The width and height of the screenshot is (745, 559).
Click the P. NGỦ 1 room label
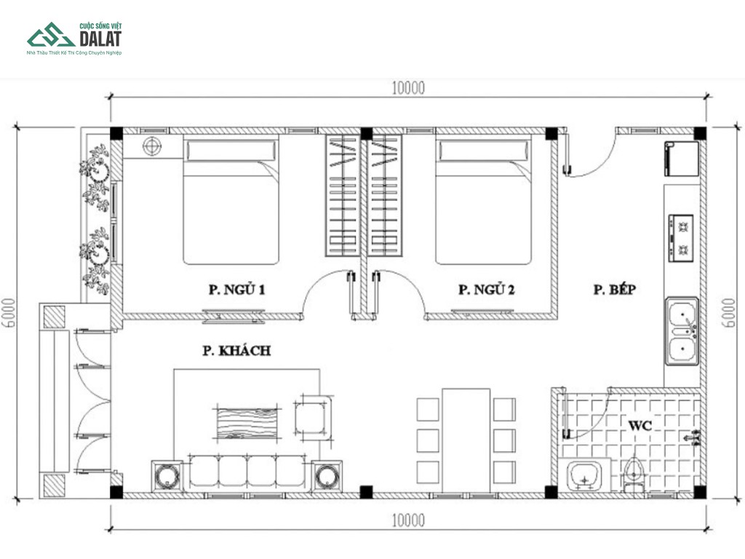[236, 289]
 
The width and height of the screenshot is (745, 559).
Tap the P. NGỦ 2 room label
[486, 289]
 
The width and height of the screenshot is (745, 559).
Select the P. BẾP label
[614, 289]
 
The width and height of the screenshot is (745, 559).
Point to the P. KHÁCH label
[236, 351]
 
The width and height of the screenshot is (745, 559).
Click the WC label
[640, 425]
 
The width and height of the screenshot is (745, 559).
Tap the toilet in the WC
[634, 475]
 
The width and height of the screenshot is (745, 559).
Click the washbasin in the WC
[585, 475]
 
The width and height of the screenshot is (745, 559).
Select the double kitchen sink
[682, 331]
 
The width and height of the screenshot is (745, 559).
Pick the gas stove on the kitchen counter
[681, 238]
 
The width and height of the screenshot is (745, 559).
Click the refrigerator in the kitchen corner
[682, 159]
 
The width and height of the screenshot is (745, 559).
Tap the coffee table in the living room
[247, 423]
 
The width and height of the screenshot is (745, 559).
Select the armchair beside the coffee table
[313, 418]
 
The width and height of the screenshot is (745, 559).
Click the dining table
[466, 440]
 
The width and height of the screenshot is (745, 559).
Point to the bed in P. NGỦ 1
[231, 199]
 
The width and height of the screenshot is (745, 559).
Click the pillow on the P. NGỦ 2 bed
[483, 151]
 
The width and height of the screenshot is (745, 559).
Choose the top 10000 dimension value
[408, 88]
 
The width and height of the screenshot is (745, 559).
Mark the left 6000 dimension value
[9, 313]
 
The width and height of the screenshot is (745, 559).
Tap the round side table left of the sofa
[167, 476]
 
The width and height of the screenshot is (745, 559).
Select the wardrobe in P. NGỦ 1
[342, 196]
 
